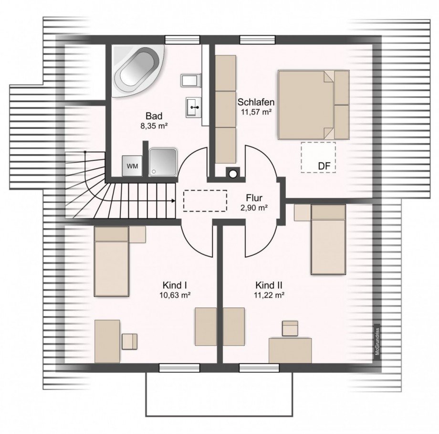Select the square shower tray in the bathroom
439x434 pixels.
(x=163, y=161)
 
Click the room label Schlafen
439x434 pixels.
(x=255, y=102)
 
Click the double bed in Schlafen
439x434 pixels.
(x=313, y=105)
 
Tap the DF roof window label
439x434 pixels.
(x=324, y=166)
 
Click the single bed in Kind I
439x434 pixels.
(x=112, y=261)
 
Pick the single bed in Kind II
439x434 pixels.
(x=328, y=240)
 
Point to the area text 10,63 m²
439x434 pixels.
(x=175, y=295)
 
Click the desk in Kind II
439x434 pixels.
(x=290, y=350)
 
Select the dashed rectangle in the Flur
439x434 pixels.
(x=205, y=201)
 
